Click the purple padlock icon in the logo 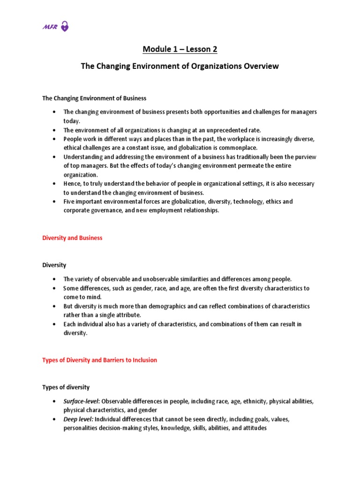(x=65, y=27)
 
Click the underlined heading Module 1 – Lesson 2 (x=180, y=49)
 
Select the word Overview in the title (x=259, y=66)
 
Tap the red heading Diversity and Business (x=72, y=238)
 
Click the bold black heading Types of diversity (x=66, y=387)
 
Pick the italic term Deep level (x=78, y=419)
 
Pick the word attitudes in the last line (x=253, y=428)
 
